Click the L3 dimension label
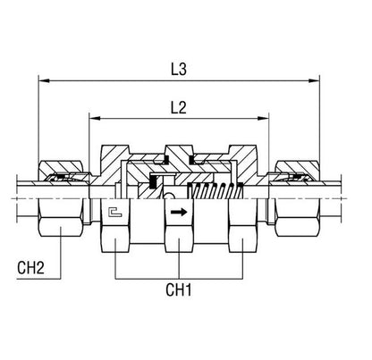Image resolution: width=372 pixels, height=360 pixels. [x=179, y=69]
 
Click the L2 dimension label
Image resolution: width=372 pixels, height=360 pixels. [x=179, y=107]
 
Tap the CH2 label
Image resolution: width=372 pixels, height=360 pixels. [x=30, y=267]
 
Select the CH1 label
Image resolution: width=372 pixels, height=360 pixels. [x=179, y=289]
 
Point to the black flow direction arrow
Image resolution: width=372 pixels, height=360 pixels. [x=179, y=212]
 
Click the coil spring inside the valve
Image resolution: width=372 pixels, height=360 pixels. [x=216, y=191]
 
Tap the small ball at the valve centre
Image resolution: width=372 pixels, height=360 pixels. [x=169, y=196]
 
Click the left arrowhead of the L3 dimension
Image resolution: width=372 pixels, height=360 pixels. [x=45, y=80]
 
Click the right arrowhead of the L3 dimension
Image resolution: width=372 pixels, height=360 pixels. [x=314, y=80]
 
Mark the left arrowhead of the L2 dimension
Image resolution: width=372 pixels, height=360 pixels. [x=95, y=119]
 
